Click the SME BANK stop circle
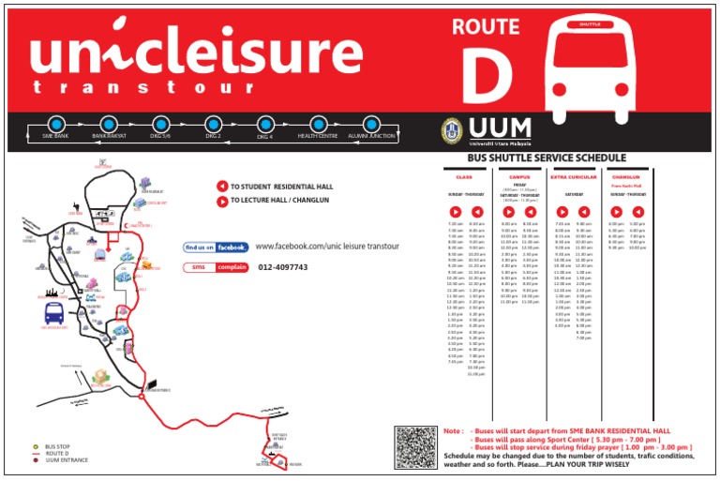[55, 125]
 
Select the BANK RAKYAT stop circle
[109, 124]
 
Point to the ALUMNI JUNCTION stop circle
[371, 124]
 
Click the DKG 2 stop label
[213, 137]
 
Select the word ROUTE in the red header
[486, 27]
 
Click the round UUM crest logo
[454, 129]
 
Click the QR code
[415, 447]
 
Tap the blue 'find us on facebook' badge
[216, 247]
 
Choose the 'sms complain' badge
[216, 267]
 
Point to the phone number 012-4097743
[282, 267]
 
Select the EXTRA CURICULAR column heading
[573, 177]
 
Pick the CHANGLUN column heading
[625, 177]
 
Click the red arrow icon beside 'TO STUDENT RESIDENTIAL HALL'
[222, 187]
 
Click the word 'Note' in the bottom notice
[454, 431]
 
